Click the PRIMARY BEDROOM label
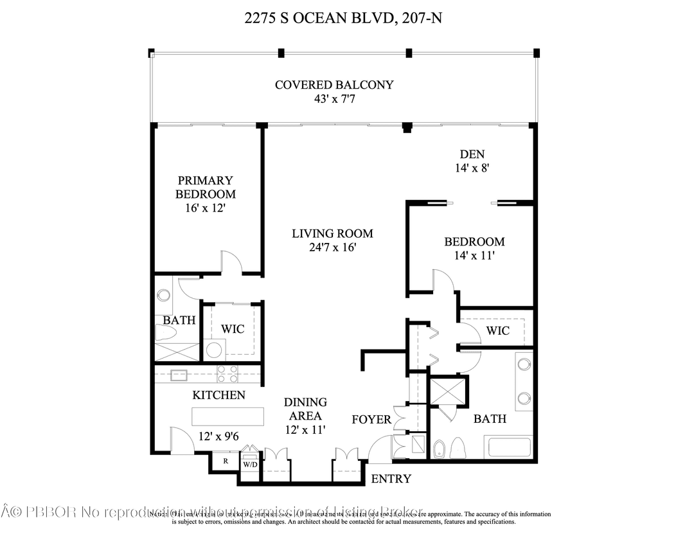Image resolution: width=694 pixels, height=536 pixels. pos(206,187)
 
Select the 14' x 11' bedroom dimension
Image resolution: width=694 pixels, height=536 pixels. pos(474,255)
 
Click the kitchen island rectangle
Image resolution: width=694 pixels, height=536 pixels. pos(228,415)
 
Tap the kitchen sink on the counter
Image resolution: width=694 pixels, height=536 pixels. pos(179,375)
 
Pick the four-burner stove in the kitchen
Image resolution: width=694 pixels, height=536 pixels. pos(227,374)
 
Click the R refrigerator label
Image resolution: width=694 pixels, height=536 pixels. pos(226,461)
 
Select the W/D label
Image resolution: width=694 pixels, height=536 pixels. pos(249,463)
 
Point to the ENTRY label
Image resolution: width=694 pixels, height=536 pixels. pos(391,479)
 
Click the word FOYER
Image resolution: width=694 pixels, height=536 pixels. pos(371,420)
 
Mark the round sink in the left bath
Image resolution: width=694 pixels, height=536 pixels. pos(163,296)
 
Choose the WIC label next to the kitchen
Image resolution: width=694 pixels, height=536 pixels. pos(233,329)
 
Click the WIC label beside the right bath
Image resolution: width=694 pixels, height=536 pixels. pos(497,330)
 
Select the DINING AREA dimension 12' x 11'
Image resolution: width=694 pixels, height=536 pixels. pos(306,429)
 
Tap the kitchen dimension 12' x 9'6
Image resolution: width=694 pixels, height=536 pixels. pos(218,436)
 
